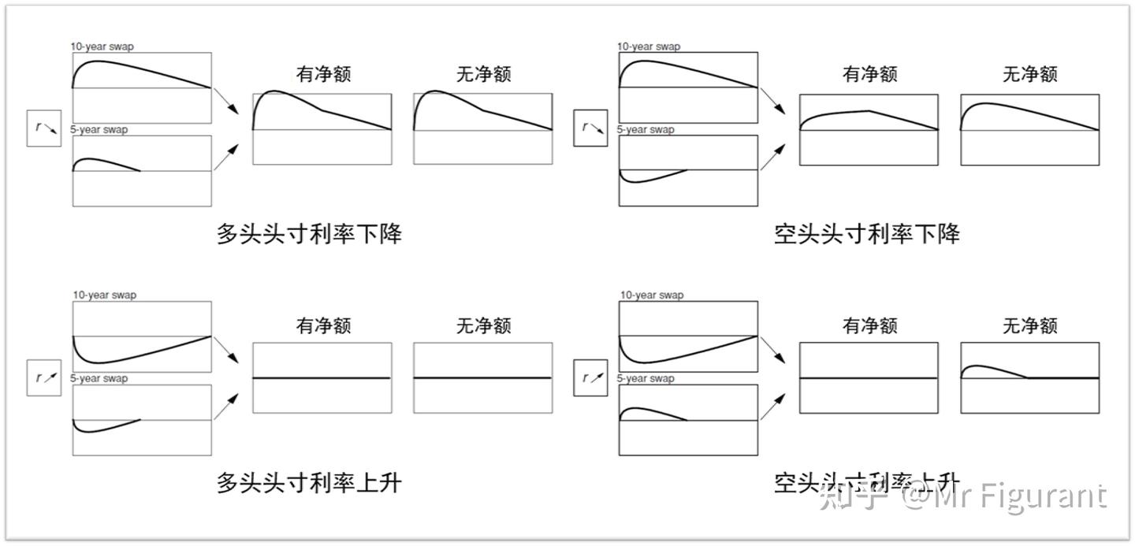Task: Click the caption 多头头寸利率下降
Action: pos(309,234)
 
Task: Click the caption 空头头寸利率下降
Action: pos(866,234)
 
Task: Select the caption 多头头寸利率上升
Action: pos(309,482)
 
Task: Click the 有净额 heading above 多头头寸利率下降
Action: pos(323,74)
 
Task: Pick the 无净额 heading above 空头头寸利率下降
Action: pos(1029,74)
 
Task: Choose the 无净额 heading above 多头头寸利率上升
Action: pos(483,325)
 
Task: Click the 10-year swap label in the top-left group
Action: pos(102,46)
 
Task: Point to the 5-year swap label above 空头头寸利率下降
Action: pos(646,129)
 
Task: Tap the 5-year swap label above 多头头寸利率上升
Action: pos(99,378)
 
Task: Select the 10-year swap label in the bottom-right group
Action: pos(651,295)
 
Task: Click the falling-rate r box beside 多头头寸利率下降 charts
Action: pos(44,128)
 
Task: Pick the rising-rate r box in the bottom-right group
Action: pos(590,378)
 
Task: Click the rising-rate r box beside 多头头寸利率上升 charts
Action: pos(44,378)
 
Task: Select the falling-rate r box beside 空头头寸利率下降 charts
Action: pos(590,128)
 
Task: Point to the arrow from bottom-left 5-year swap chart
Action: pos(227,405)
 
